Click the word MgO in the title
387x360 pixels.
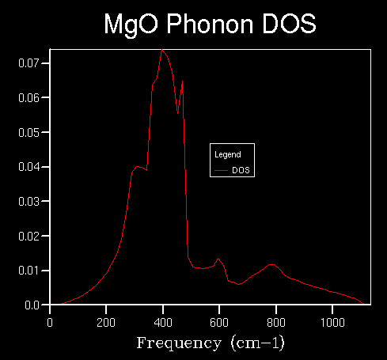(131, 25)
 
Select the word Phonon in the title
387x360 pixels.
(210, 24)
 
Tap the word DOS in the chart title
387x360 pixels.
(289, 24)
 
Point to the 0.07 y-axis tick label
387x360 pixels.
(28, 63)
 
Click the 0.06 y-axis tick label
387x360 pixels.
(28, 98)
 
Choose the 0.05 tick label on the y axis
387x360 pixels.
(28, 132)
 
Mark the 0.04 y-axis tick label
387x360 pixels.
(28, 167)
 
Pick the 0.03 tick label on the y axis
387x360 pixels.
(28, 202)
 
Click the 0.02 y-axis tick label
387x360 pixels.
(28, 236)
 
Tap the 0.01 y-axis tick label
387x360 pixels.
(28, 271)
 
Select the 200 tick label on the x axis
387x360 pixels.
(106, 323)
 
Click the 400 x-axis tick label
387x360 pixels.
(163, 323)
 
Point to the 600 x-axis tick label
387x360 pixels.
(219, 323)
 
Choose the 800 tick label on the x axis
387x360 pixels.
(276, 323)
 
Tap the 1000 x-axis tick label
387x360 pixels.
(332, 323)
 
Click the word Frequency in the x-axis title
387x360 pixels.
(179, 343)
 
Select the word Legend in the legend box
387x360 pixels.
(228, 154)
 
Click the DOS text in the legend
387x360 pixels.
(241, 170)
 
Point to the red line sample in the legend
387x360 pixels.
(221, 171)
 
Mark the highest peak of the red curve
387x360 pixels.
(162, 49)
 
